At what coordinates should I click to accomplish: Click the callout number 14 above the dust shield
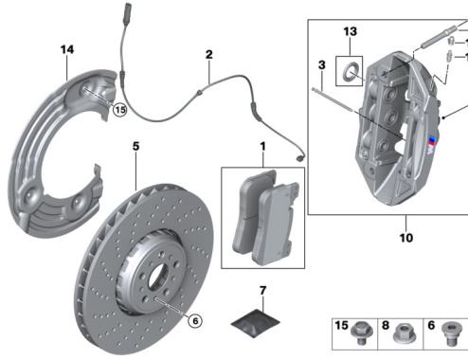[67, 49]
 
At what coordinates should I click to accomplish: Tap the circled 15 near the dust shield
[120, 110]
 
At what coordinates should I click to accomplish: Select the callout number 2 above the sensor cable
[209, 55]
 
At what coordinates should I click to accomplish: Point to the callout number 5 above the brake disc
[135, 146]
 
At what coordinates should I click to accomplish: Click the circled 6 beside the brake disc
[195, 321]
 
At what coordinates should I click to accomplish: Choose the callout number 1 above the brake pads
[262, 146]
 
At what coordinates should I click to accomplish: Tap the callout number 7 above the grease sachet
[263, 291]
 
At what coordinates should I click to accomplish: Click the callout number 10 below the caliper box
[406, 238]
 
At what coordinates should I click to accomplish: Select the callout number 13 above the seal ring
[351, 31]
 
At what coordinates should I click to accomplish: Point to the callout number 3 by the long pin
[322, 65]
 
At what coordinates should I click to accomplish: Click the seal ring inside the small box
[350, 71]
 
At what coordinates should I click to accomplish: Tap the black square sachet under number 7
[255, 323]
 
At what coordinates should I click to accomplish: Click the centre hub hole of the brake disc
[157, 276]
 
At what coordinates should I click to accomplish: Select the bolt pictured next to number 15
[361, 333]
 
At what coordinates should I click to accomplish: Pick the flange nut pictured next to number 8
[404, 333]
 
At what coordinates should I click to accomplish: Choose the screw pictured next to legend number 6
[451, 333]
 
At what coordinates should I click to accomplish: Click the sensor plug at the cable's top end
[128, 8]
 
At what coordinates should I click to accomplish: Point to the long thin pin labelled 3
[332, 99]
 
